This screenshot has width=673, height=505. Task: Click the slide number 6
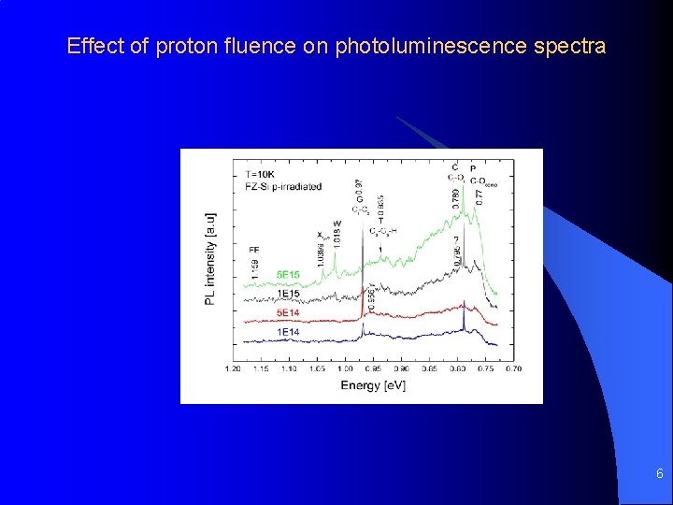point(659,474)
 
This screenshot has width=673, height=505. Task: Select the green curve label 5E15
point(289,274)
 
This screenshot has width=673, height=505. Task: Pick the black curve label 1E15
point(288,294)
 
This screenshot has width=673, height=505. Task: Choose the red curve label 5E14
point(288,312)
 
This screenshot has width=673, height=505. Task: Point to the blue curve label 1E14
point(288,332)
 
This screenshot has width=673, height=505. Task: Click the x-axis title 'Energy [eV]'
point(373,385)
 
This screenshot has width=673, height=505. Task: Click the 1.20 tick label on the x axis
point(234,369)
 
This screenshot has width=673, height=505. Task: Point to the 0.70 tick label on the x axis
point(513,369)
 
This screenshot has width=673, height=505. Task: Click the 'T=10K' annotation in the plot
point(261,174)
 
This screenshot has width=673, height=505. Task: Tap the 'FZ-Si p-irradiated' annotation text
point(283,186)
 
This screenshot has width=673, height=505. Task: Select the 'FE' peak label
point(254,250)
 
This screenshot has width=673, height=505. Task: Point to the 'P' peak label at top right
point(473,168)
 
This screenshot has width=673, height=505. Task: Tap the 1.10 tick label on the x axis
point(289,369)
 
